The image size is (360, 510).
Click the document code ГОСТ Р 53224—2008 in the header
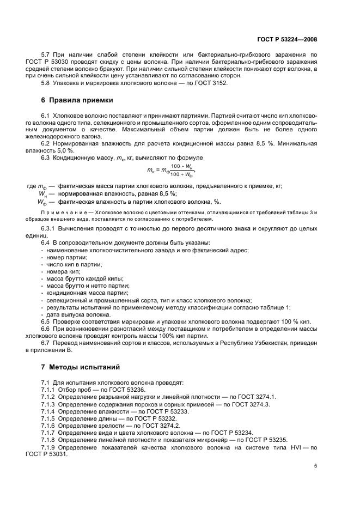point(286,40)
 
